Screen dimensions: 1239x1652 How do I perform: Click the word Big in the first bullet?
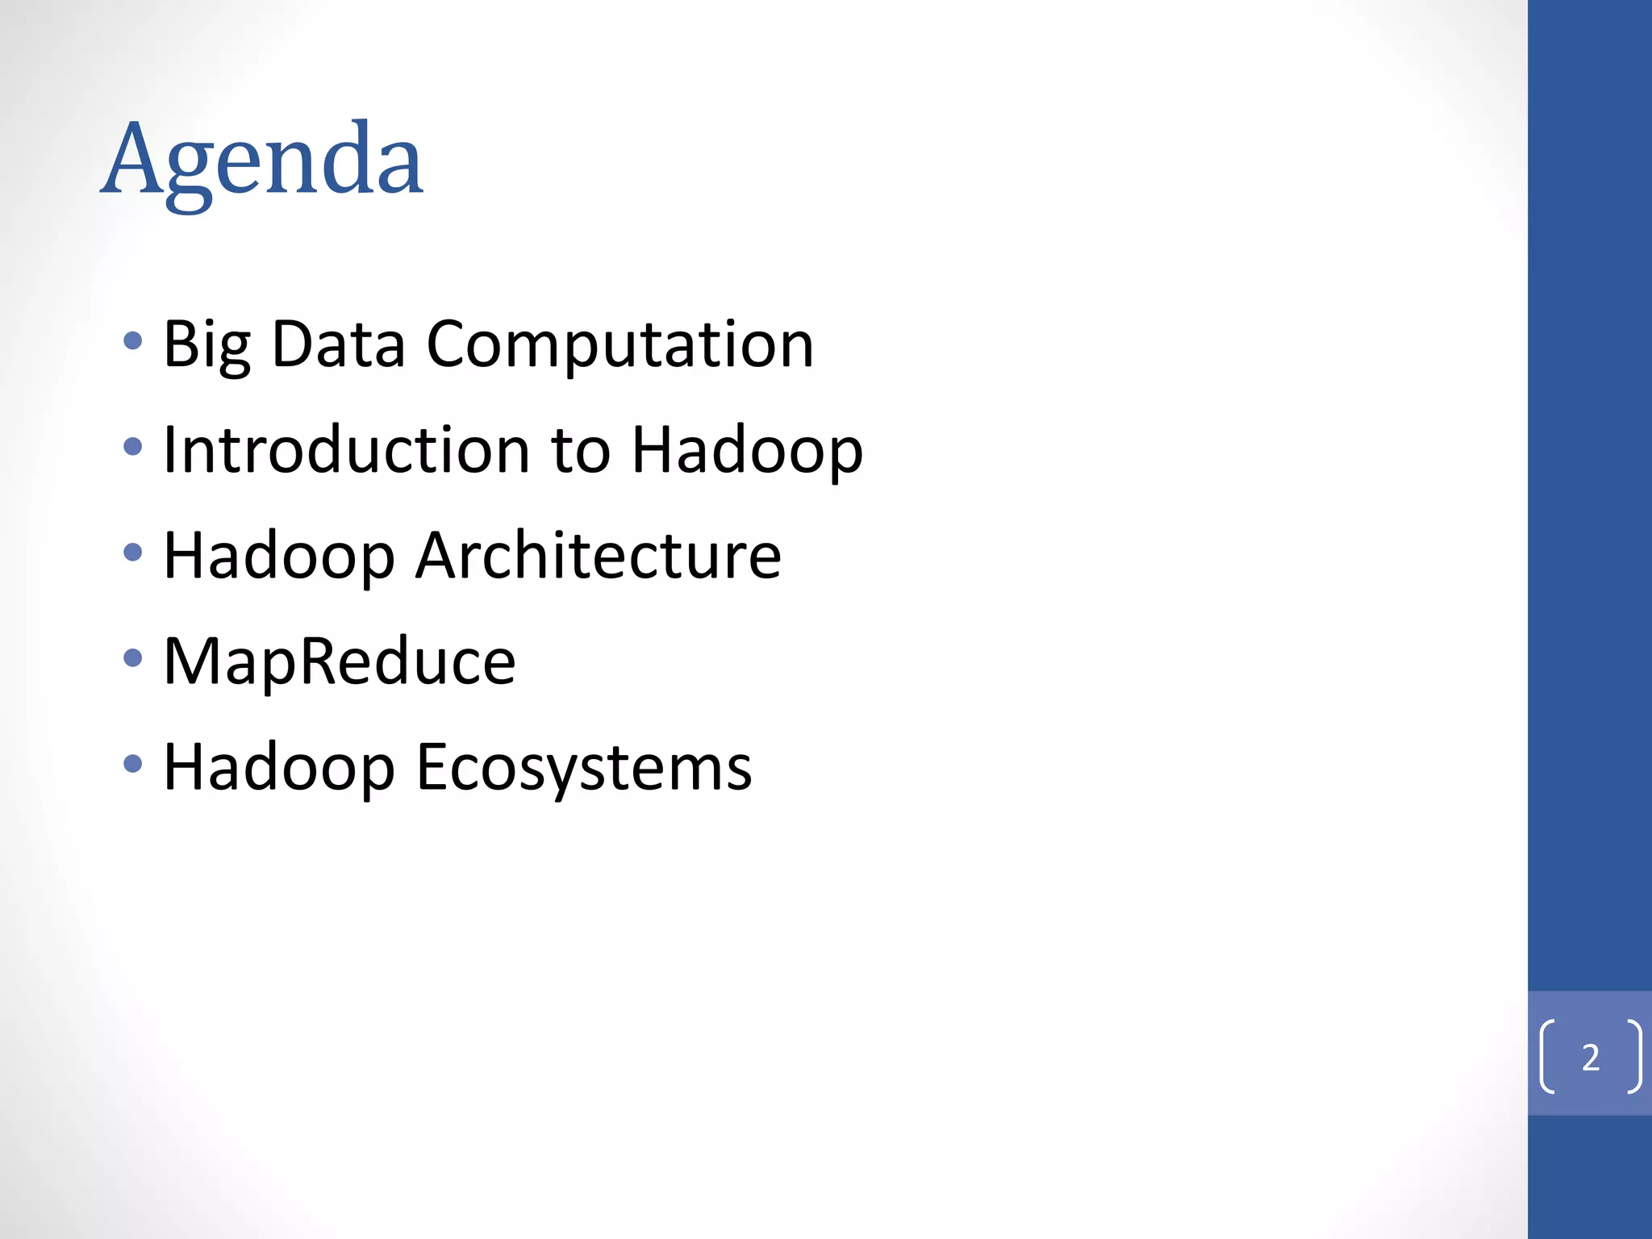206,345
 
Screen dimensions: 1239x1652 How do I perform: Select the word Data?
338,345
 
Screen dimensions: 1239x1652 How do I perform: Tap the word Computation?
619,345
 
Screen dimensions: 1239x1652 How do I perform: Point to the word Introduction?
346,450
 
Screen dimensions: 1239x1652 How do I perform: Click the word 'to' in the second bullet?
580,450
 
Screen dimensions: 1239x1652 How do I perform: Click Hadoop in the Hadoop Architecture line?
279,557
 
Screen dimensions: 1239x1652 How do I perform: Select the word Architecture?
598,556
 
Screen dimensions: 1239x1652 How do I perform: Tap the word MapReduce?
340,662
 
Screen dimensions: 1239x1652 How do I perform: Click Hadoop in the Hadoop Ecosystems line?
279,768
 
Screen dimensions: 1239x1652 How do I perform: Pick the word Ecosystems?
584,768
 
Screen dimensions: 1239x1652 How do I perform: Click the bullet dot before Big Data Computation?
133,341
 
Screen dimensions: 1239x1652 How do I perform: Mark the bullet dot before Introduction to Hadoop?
133,446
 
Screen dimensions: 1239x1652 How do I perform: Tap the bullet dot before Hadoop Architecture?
133,553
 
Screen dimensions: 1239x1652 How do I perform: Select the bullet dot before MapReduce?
133,658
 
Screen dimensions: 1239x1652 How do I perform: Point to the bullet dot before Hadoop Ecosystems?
133,764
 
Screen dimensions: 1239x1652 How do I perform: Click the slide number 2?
1591,1058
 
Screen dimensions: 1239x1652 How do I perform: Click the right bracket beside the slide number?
1634,1057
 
